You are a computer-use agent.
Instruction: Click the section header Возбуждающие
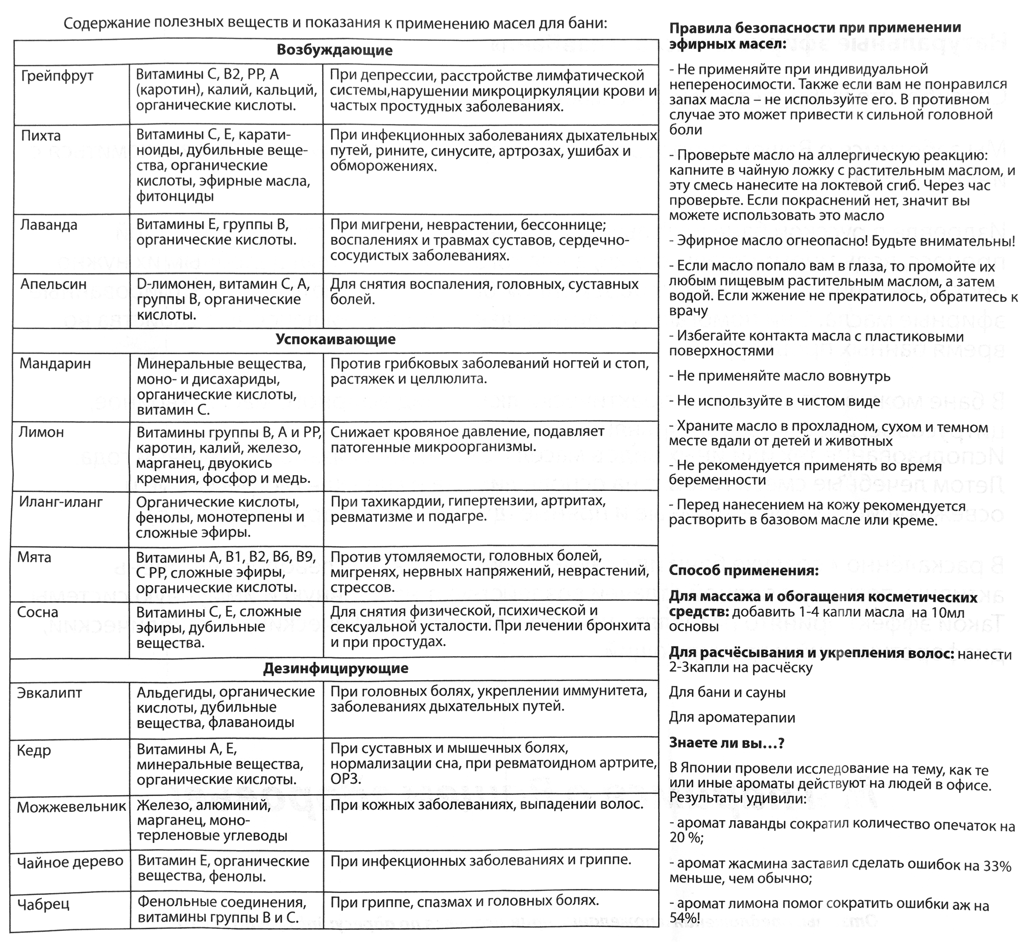pos(334,51)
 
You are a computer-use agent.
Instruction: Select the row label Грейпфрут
pos(57,77)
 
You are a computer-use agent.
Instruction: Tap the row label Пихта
pos(41,136)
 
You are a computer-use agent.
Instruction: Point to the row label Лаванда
pos(48,225)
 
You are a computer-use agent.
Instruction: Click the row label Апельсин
pos(53,284)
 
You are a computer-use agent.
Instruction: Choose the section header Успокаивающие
pos(335,340)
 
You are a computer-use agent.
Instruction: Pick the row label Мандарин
pos(55,364)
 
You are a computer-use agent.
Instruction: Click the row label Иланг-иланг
pos(61,502)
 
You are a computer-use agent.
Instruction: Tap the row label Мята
pos(34,557)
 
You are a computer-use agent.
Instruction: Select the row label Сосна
pos(38,612)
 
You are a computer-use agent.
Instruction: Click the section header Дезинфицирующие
pos(335,669)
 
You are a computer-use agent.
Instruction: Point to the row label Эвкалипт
pos(50,693)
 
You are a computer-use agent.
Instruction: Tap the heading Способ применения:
pos(743,571)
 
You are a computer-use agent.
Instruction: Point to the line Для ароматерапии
pos(732,718)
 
